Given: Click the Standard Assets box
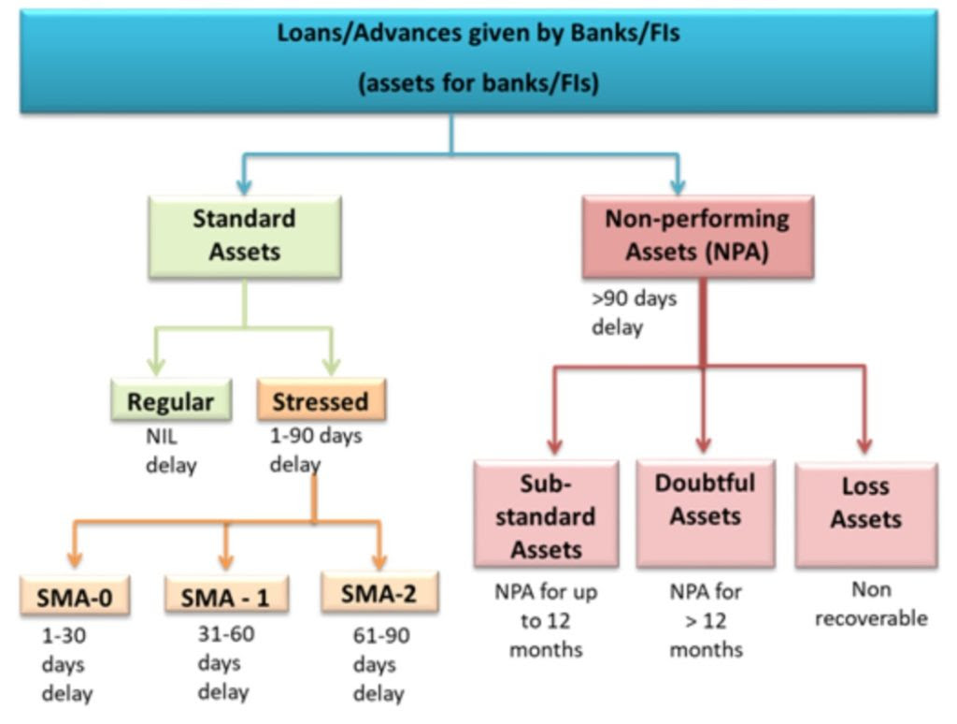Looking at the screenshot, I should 245,236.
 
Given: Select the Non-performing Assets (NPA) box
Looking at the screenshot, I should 697,236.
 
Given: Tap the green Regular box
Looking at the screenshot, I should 171,401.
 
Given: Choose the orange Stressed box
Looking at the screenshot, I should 321,400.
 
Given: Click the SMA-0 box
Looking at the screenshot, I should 75,596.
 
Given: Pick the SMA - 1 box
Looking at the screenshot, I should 226,596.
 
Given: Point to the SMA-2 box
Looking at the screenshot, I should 379,593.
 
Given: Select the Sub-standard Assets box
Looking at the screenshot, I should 546,514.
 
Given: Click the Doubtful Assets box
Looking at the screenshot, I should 705,513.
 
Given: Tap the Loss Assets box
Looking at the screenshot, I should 865,514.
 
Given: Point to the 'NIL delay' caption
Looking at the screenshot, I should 171,450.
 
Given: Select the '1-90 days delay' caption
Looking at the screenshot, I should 315,449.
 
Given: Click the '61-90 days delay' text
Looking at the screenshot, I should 380,665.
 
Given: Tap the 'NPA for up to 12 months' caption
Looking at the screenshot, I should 546,620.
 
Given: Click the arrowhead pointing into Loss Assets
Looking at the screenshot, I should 864,445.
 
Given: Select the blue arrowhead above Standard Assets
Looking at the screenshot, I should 245,184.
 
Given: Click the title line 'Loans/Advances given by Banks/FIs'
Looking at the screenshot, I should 478,34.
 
